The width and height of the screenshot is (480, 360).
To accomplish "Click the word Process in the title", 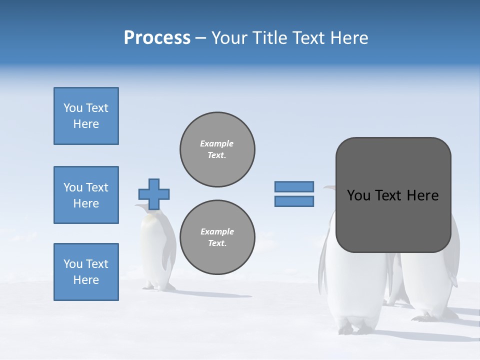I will (157, 38).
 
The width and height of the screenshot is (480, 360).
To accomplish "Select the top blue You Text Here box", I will (86, 116).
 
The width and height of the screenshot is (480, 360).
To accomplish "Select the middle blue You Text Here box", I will (86, 195).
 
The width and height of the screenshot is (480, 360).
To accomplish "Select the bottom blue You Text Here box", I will (86, 272).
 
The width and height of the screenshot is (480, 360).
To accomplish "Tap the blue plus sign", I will (154, 194).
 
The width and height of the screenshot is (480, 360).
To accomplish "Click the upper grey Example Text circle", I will (217, 149).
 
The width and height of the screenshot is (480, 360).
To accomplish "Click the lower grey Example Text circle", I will (217, 237).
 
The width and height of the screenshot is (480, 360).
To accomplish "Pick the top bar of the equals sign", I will (294, 186).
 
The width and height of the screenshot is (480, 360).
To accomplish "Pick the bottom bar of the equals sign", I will (294, 201).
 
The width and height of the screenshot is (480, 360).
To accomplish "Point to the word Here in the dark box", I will (422, 195).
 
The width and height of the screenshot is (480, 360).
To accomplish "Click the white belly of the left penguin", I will (151, 250).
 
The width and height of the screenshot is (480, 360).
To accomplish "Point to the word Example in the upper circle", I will (216, 143).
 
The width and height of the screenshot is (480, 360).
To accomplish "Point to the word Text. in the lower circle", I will (217, 243).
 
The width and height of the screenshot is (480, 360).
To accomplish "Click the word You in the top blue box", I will (73, 108).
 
